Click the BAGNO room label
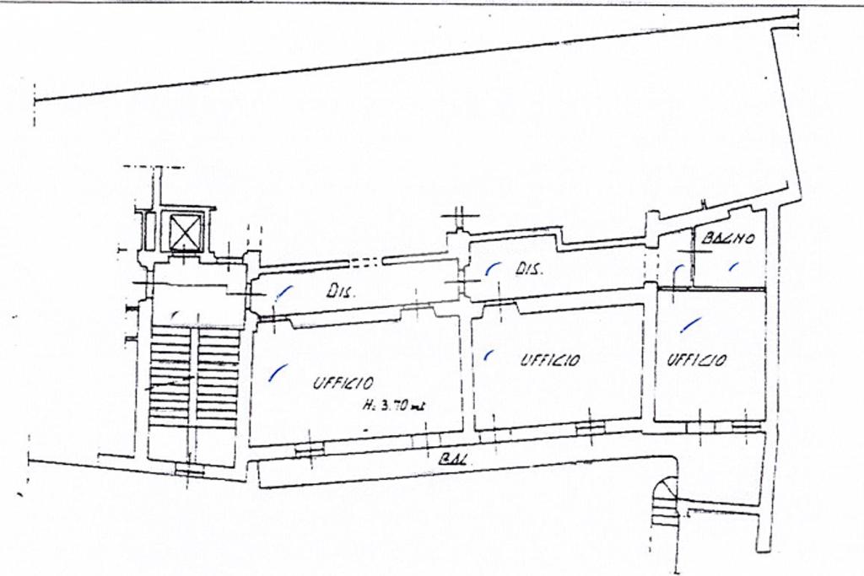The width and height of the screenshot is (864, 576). (x=727, y=239)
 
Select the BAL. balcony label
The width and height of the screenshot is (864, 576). (x=455, y=460)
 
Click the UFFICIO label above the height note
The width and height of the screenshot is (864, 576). (x=343, y=383)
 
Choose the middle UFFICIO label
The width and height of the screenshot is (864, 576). (x=549, y=360)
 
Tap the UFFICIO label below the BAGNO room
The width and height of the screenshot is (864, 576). (x=697, y=360)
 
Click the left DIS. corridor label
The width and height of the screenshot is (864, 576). (x=342, y=293)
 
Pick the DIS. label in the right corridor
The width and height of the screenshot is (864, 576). (x=528, y=270)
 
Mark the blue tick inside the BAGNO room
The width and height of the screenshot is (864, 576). (x=733, y=266)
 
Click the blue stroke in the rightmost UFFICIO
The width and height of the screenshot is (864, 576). (x=691, y=324)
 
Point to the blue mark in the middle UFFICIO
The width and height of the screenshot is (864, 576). (x=489, y=355)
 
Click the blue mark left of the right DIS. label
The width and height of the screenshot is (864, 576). (x=492, y=269)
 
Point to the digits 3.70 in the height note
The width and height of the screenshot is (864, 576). (x=398, y=406)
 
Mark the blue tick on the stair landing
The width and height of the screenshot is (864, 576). (x=175, y=315)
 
